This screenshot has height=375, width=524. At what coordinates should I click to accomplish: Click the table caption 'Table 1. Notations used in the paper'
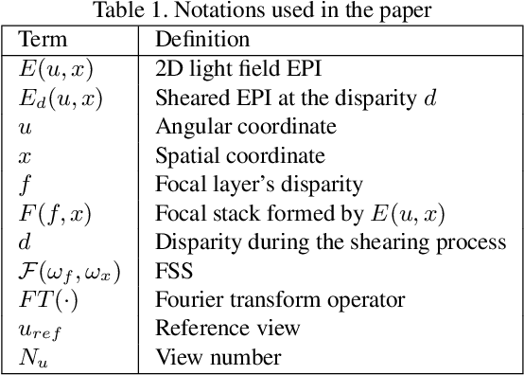pyautogui.click(x=261, y=12)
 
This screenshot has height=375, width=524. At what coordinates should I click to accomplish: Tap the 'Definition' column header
pyautogui.click(x=202, y=40)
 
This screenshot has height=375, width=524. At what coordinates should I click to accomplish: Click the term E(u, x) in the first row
pyautogui.click(x=55, y=68)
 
